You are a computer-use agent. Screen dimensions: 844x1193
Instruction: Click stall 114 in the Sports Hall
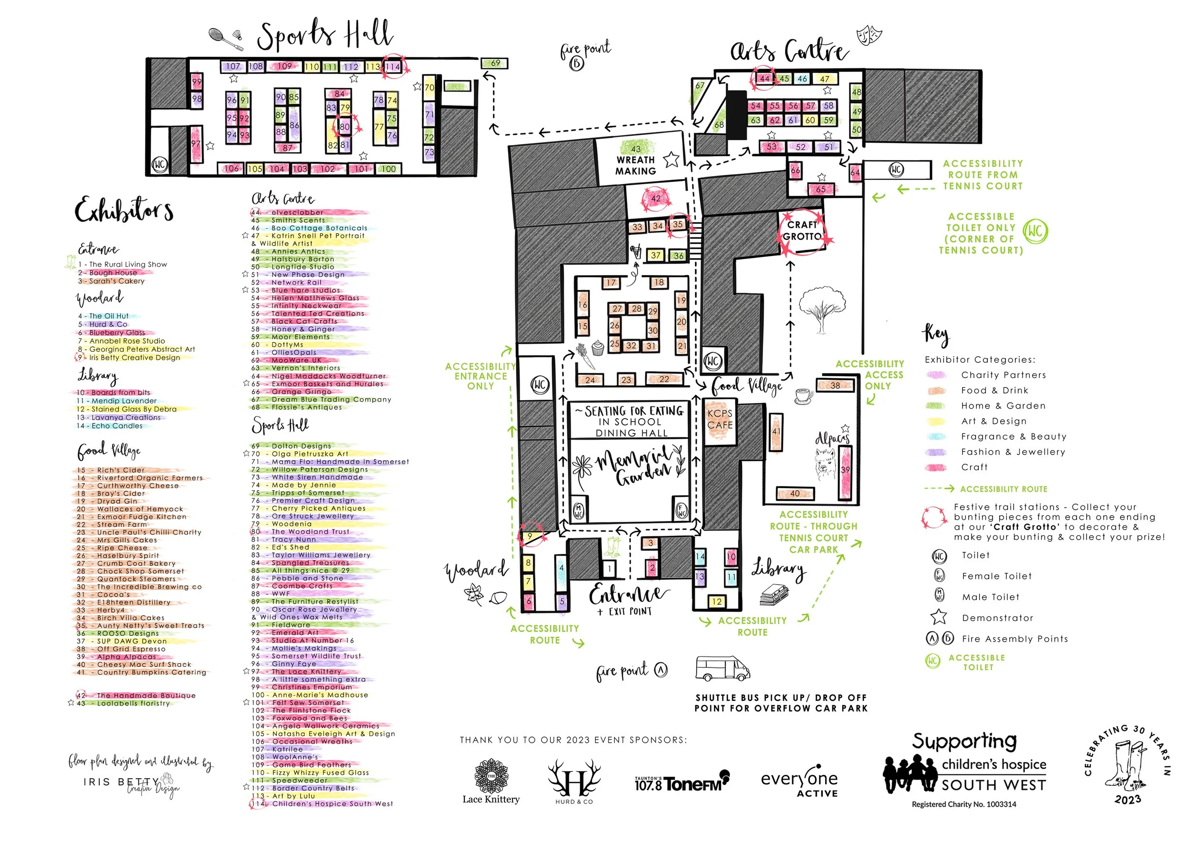click(392, 66)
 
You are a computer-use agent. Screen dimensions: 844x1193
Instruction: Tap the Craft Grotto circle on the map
click(802, 231)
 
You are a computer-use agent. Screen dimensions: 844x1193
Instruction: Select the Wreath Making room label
click(636, 165)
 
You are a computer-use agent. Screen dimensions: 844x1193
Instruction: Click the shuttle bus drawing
click(722, 668)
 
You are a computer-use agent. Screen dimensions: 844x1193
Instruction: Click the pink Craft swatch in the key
click(935, 468)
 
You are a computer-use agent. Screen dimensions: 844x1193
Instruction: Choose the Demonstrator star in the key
click(938, 617)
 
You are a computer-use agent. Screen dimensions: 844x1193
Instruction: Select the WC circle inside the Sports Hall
click(159, 165)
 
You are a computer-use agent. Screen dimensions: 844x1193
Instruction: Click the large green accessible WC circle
click(1035, 232)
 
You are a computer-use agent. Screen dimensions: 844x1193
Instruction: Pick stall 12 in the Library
click(717, 601)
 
